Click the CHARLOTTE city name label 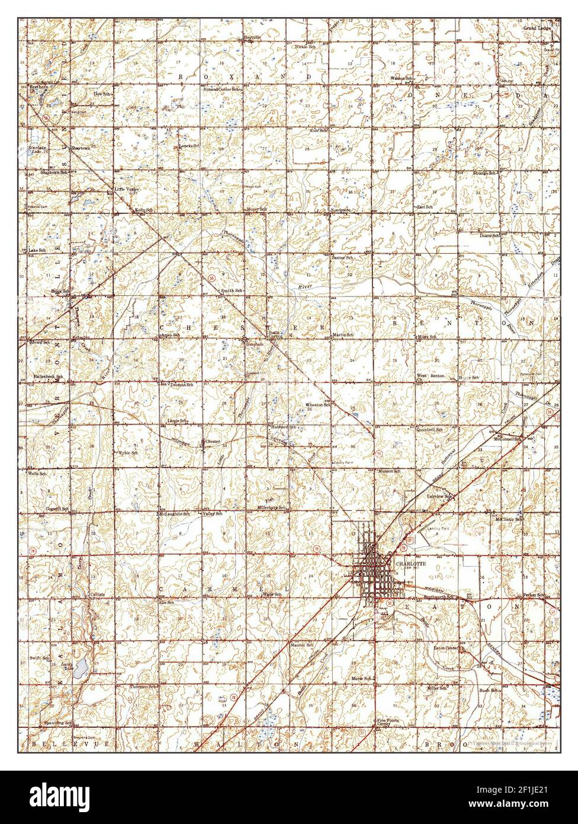click(407, 564)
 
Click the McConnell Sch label click(509, 439)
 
